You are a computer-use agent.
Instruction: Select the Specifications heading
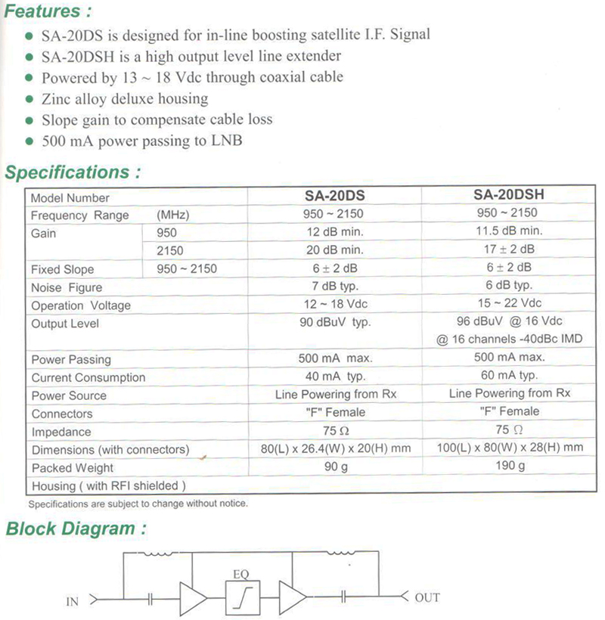click(73, 172)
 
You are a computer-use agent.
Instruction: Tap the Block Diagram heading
click(75, 529)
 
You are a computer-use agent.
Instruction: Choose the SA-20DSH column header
click(508, 194)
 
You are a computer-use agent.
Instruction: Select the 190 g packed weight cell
click(509, 467)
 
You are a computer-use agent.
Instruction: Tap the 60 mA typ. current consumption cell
click(509, 375)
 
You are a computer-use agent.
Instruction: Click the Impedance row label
click(61, 432)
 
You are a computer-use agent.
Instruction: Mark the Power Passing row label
click(71, 359)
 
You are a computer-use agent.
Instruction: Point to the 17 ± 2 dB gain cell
click(509, 249)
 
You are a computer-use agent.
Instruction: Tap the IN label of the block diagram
click(73, 602)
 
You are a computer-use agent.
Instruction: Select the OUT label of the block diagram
click(427, 597)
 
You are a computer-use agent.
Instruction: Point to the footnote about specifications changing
click(138, 503)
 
